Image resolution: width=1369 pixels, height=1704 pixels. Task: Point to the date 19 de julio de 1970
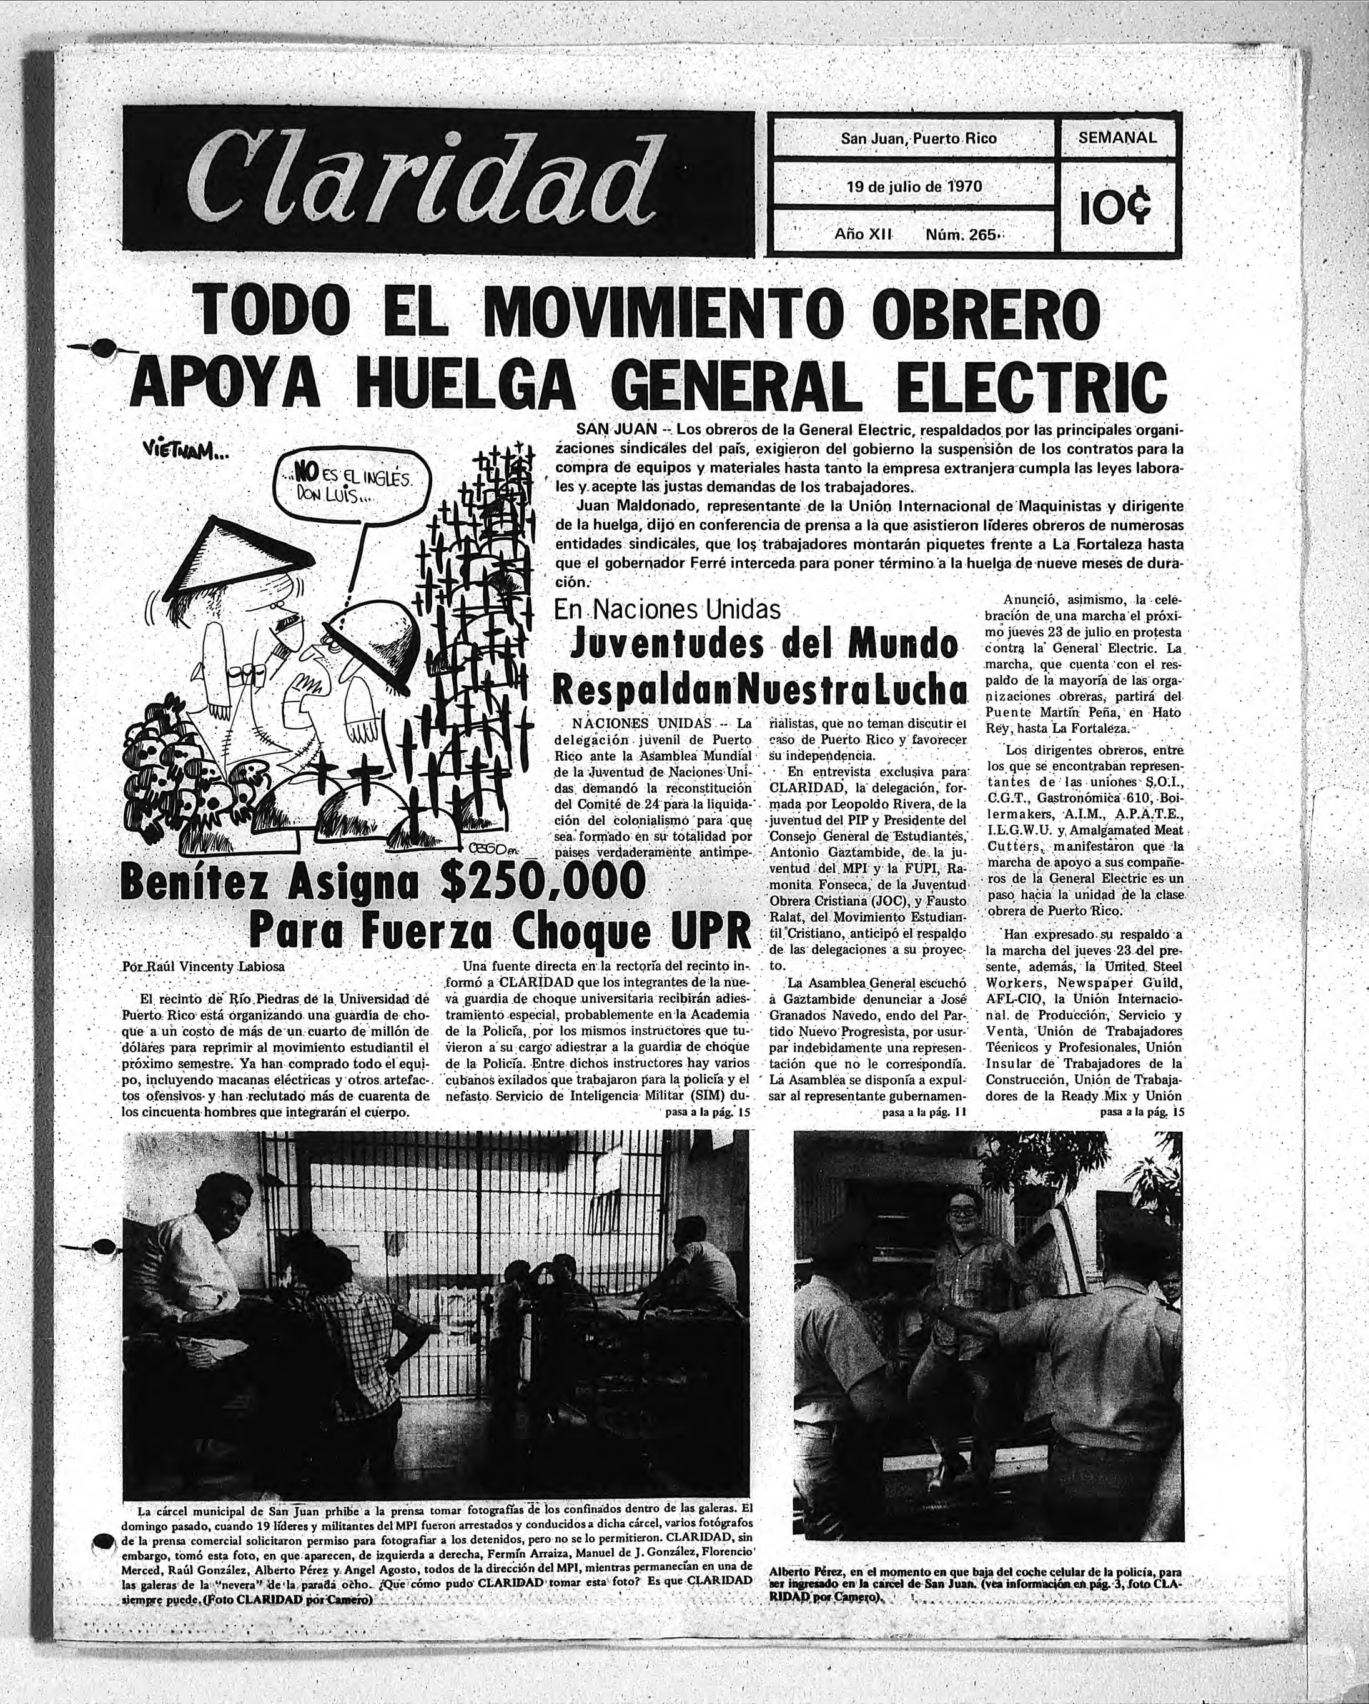click(x=914, y=187)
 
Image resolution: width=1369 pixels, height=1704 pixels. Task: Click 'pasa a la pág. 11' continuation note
click(x=924, y=1112)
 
